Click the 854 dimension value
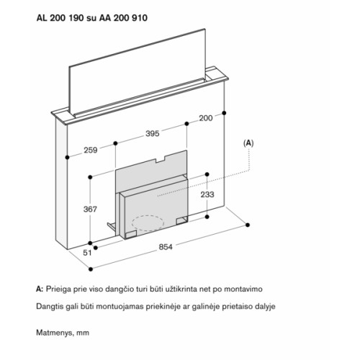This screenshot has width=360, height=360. point(166,247)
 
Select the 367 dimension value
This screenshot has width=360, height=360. point(90,210)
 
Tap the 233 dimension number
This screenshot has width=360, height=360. point(207,194)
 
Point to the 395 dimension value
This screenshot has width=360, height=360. point(153,133)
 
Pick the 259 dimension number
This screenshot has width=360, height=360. point(91,150)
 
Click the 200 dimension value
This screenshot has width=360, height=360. point(206,118)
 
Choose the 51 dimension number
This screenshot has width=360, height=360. point(87,253)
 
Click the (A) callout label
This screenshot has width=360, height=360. point(248,143)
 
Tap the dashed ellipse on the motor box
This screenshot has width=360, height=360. point(148,223)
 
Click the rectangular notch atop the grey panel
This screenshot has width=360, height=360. point(161,158)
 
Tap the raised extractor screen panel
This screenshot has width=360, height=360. point(138,72)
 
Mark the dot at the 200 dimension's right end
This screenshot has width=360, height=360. point(224,113)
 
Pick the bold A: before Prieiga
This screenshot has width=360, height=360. point(40,289)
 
